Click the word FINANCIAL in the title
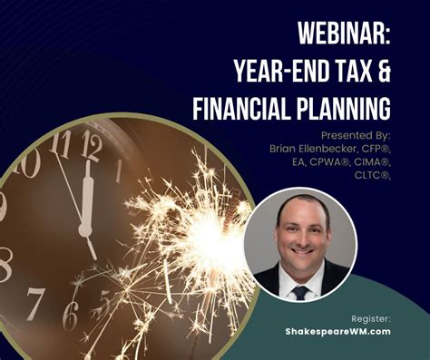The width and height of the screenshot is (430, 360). (245, 109)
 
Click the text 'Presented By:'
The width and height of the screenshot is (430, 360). (356, 134)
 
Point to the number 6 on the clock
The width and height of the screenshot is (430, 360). (70, 314)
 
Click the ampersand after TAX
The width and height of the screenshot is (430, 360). (383, 72)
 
